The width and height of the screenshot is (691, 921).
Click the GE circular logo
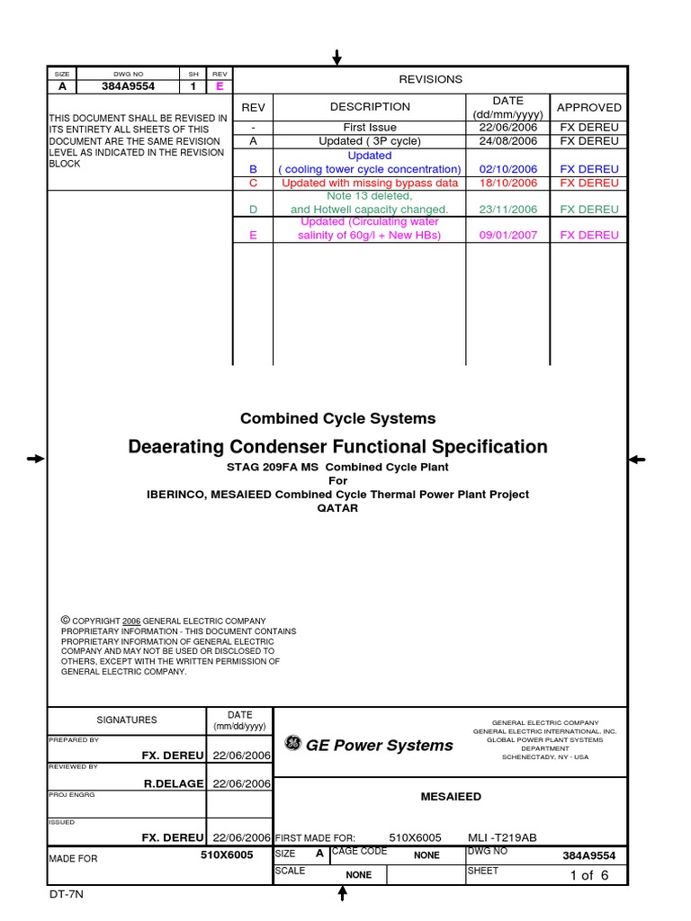(292, 743)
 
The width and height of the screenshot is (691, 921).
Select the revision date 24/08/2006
(507, 141)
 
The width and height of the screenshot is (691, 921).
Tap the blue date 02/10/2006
(507, 169)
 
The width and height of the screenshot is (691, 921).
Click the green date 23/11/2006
(507, 209)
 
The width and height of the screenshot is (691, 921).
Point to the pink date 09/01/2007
(507, 235)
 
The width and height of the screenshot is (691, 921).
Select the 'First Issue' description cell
(370, 128)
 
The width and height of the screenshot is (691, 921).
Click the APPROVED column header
(588, 107)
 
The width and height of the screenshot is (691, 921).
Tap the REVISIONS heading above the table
(431, 79)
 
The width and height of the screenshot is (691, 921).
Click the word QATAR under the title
(337, 508)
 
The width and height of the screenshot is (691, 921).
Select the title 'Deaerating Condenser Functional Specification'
(337, 447)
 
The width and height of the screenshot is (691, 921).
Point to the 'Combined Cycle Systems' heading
(337, 418)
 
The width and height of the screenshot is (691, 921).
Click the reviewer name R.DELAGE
(175, 783)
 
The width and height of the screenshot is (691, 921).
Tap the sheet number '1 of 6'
(589, 875)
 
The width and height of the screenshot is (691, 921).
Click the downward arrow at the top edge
(337, 58)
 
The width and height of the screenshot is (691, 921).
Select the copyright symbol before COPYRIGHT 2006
(65, 621)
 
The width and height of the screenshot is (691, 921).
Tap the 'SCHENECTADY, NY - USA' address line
(544, 757)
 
